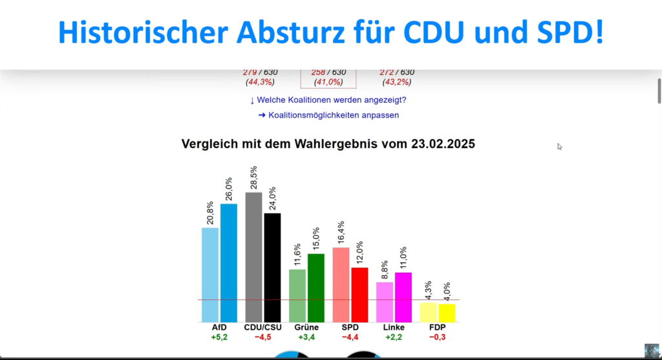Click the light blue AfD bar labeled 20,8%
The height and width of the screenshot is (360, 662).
(x=210, y=274)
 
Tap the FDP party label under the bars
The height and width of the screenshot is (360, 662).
(x=438, y=327)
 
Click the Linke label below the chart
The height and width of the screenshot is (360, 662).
(x=394, y=327)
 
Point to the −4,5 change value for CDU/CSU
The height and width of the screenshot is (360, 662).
(x=262, y=337)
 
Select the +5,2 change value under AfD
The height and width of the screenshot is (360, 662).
(x=219, y=337)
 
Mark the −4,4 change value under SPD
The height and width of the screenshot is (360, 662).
(x=350, y=337)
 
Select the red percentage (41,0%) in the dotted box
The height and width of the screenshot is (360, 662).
(x=328, y=83)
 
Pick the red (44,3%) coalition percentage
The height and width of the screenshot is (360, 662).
(x=260, y=83)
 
